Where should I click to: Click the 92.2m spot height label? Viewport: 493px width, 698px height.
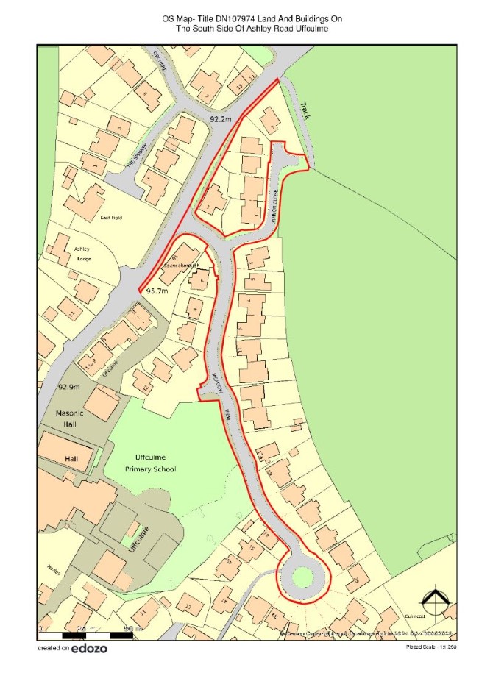click(220, 118)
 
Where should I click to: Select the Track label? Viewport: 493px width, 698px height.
click(305, 110)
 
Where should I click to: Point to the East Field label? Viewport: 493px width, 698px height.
click(110, 218)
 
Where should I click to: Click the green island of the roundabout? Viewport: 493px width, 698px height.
click(302, 577)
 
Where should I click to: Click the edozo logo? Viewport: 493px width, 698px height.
click(88, 649)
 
